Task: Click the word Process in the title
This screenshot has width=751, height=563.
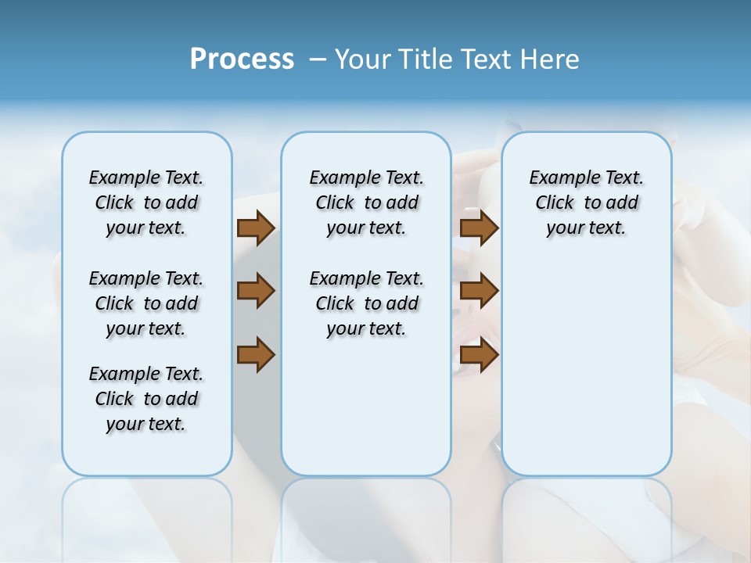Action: tap(242, 59)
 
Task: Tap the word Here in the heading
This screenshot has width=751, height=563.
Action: tap(548, 59)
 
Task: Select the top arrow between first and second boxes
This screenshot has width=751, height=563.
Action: tap(256, 228)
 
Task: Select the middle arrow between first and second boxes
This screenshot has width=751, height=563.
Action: tap(256, 291)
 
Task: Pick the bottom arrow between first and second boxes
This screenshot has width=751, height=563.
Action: tap(256, 354)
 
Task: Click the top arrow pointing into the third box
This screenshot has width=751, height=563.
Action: tap(480, 228)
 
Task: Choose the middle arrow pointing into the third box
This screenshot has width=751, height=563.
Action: tap(480, 291)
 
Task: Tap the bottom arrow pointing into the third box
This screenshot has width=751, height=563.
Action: tap(480, 354)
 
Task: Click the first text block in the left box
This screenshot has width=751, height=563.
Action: tap(146, 203)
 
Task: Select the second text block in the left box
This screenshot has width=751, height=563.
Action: tap(146, 303)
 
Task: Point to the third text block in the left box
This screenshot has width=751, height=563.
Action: tap(146, 399)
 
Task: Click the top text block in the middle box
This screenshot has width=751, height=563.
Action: tap(366, 203)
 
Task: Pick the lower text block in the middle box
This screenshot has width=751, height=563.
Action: tap(366, 303)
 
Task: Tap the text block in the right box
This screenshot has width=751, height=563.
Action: tap(586, 203)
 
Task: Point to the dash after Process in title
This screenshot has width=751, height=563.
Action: tap(318, 59)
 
